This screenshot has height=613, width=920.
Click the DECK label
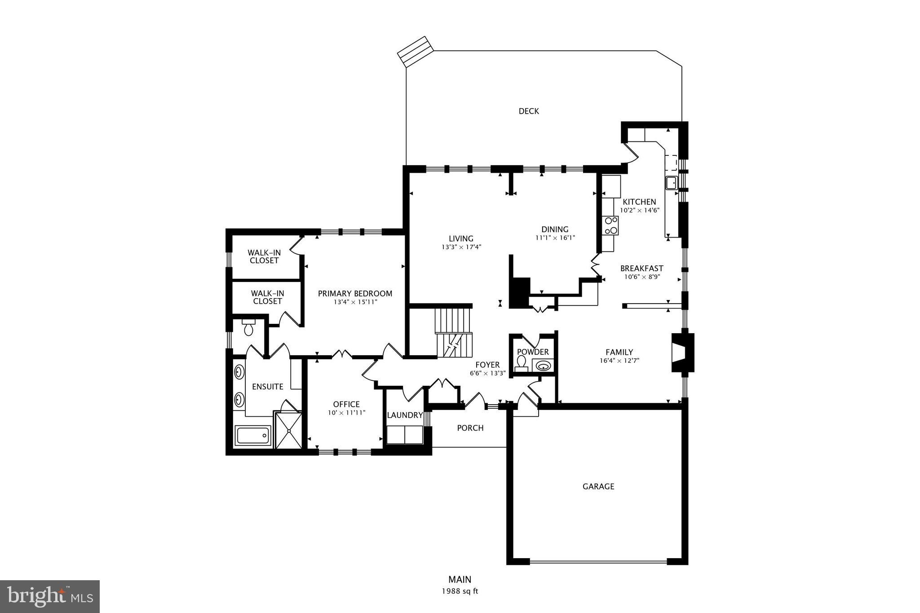point(528,111)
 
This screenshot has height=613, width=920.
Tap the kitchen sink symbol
point(671,183)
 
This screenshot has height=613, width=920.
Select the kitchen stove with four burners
point(610,225)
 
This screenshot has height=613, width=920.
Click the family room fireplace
point(682,353)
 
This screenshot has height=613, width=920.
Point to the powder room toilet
point(522,363)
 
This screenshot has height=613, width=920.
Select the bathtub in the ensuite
point(253,436)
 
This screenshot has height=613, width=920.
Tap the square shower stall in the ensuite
point(288,431)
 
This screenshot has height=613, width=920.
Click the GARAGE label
point(598,486)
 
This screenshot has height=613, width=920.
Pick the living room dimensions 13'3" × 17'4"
point(461,247)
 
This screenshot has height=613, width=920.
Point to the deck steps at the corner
point(415,51)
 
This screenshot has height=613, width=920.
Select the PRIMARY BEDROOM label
point(355,294)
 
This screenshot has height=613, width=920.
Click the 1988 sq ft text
point(460,591)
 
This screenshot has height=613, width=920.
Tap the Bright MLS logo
point(50,596)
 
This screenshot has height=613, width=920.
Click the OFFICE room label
point(346,404)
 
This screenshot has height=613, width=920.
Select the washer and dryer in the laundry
point(405,435)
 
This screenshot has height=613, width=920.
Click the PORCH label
point(470,428)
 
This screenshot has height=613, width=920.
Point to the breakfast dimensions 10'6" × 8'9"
point(641,277)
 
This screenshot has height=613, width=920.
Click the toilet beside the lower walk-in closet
point(248,328)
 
